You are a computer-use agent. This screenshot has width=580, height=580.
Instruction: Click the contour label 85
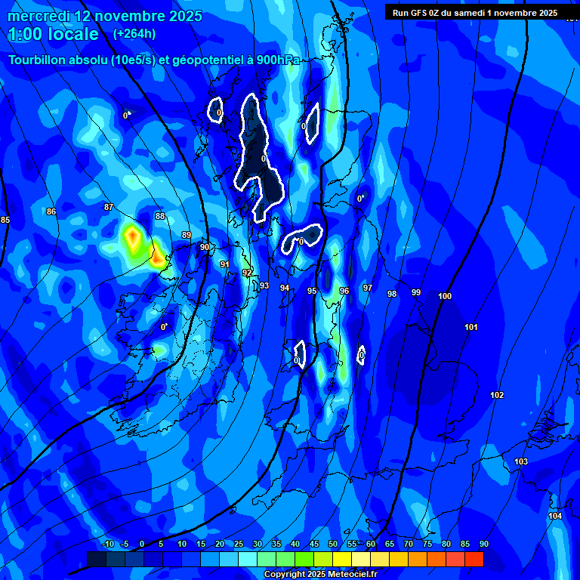click(x=5, y=220)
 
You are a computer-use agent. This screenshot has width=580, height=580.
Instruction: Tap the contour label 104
click(x=555, y=516)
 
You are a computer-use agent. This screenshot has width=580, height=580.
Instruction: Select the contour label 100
click(x=445, y=296)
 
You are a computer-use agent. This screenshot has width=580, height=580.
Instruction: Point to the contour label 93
click(x=264, y=285)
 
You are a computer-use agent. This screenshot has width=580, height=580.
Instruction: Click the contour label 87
click(x=109, y=207)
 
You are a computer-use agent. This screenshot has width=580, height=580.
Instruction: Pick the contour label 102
click(x=497, y=395)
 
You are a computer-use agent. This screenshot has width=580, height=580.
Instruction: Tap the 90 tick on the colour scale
click(x=483, y=544)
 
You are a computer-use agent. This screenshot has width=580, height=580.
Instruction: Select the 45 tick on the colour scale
click(x=314, y=544)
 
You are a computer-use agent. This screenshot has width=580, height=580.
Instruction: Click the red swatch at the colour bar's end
click(x=474, y=558)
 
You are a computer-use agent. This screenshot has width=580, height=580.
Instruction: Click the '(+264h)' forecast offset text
click(x=134, y=33)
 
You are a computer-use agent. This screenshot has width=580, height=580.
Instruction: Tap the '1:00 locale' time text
click(x=54, y=34)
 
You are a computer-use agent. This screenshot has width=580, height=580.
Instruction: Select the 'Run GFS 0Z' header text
click(x=420, y=12)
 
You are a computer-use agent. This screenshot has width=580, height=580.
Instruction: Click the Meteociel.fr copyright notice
click(x=320, y=575)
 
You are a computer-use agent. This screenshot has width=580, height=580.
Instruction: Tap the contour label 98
click(x=392, y=294)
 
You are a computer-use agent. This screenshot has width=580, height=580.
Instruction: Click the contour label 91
click(x=224, y=264)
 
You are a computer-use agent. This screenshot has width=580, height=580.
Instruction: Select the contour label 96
click(x=344, y=291)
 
